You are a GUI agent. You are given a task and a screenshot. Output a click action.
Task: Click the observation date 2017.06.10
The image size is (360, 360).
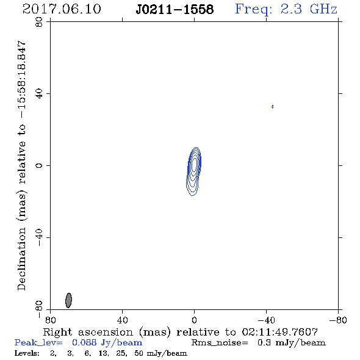[x=62, y=9]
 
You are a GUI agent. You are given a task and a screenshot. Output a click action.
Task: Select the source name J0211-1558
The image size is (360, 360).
[x=175, y=9]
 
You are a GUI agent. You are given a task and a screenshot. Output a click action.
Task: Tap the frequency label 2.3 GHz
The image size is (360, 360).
[x=309, y=9]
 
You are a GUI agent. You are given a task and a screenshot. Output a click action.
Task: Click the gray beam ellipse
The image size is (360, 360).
[x=68, y=300]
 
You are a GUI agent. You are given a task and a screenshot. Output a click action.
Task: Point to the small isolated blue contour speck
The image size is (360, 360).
[x=272, y=107]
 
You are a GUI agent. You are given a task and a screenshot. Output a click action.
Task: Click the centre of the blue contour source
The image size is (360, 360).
[x=194, y=171]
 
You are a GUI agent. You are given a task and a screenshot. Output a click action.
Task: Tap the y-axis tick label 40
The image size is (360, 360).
[x=39, y=94]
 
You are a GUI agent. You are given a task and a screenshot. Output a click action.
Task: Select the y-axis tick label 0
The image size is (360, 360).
[x=39, y=165]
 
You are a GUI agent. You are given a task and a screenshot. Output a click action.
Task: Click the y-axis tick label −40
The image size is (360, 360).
[x=39, y=237]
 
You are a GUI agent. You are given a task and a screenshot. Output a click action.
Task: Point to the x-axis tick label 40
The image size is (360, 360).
[x=122, y=320]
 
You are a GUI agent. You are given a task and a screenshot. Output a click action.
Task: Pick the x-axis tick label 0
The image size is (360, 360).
[x=194, y=320]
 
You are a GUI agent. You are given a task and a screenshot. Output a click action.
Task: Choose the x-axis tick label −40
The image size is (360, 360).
[x=266, y=320]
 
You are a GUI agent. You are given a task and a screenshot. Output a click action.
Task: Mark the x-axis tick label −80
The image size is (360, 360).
[x=338, y=320]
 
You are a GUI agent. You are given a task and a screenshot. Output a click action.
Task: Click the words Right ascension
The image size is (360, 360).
[x=88, y=332]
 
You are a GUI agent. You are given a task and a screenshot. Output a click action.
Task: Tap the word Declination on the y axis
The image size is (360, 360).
[x=21, y=259]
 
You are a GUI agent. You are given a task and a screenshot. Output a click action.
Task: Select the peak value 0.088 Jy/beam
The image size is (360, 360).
[x=107, y=343]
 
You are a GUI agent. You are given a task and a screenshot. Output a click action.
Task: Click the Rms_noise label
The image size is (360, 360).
[x=220, y=343]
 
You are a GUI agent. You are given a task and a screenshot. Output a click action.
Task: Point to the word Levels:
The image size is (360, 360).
[x=27, y=353]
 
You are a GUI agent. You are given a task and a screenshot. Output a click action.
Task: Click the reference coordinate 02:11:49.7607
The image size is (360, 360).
[x=280, y=332]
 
